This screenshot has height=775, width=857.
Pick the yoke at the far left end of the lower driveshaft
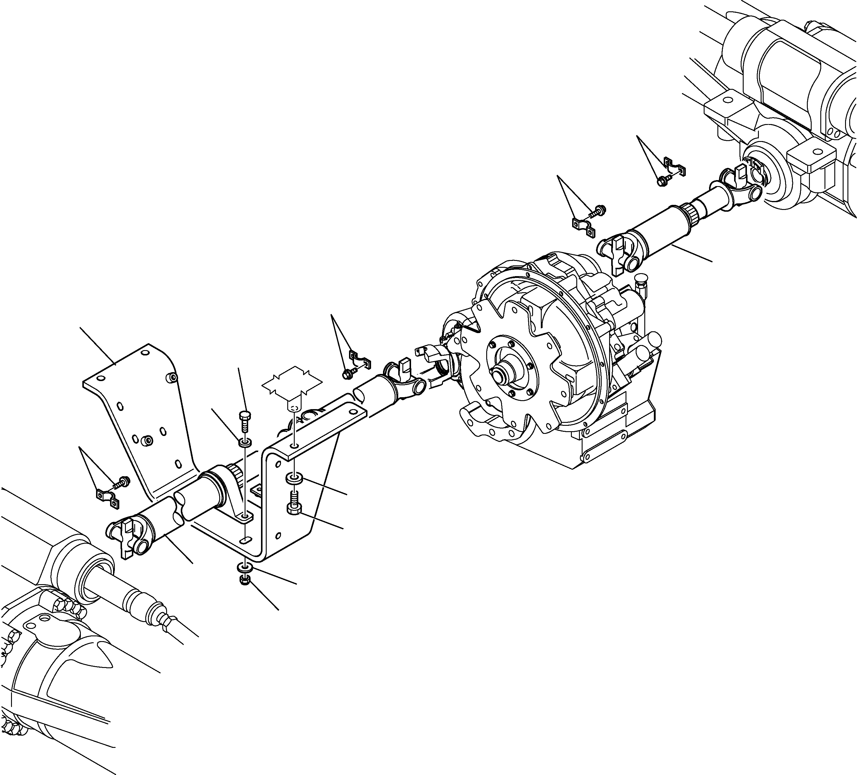[x=125, y=537]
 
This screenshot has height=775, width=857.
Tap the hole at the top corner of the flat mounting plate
[x=145, y=353]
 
